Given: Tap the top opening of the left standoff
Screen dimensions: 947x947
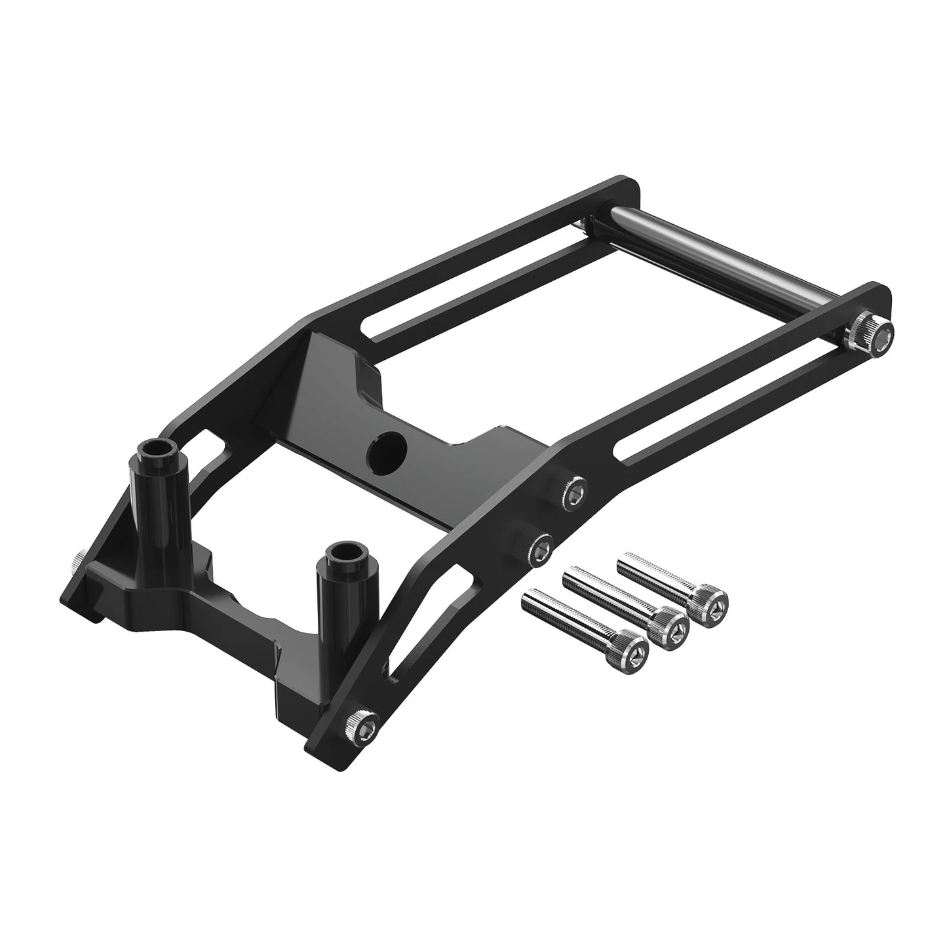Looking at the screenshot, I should [x=157, y=452].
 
